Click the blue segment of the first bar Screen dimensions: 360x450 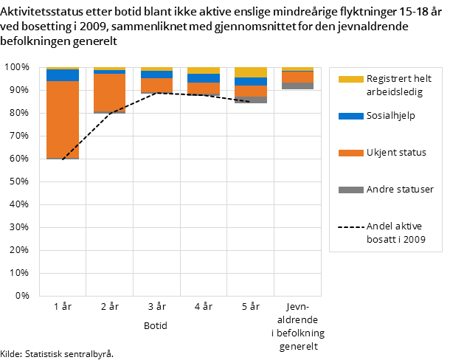pyautogui.click(x=63, y=75)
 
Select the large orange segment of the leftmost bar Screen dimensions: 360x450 pyautogui.click(x=63, y=119)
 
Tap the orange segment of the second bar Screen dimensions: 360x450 pyautogui.click(x=109, y=92)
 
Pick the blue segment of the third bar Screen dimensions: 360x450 pyautogui.click(x=156, y=75)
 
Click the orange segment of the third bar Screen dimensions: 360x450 pyautogui.click(x=156, y=85)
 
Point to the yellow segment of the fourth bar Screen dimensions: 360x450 pyautogui.click(x=204, y=71)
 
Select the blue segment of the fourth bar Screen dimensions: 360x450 pyautogui.click(x=204, y=78)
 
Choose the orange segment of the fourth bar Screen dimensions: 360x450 pyautogui.click(x=204, y=89)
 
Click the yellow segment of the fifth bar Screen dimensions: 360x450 pyautogui.click(x=251, y=72)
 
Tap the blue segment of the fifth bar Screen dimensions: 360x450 pyautogui.click(x=251, y=81)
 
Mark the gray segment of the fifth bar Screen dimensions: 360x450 pyautogui.click(x=251, y=100)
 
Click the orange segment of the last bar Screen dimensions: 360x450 pyautogui.click(x=297, y=77)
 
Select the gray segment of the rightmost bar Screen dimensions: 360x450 pyautogui.click(x=297, y=86)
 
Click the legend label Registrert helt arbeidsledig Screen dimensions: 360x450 pyautogui.click(x=398, y=85)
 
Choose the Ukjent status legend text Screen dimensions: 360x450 pyautogui.click(x=396, y=153)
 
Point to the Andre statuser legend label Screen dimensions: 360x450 pyautogui.click(x=399, y=190)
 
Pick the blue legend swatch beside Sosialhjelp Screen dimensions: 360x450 pyautogui.click(x=350, y=116)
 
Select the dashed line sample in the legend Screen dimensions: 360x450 pyautogui.click(x=350, y=226)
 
